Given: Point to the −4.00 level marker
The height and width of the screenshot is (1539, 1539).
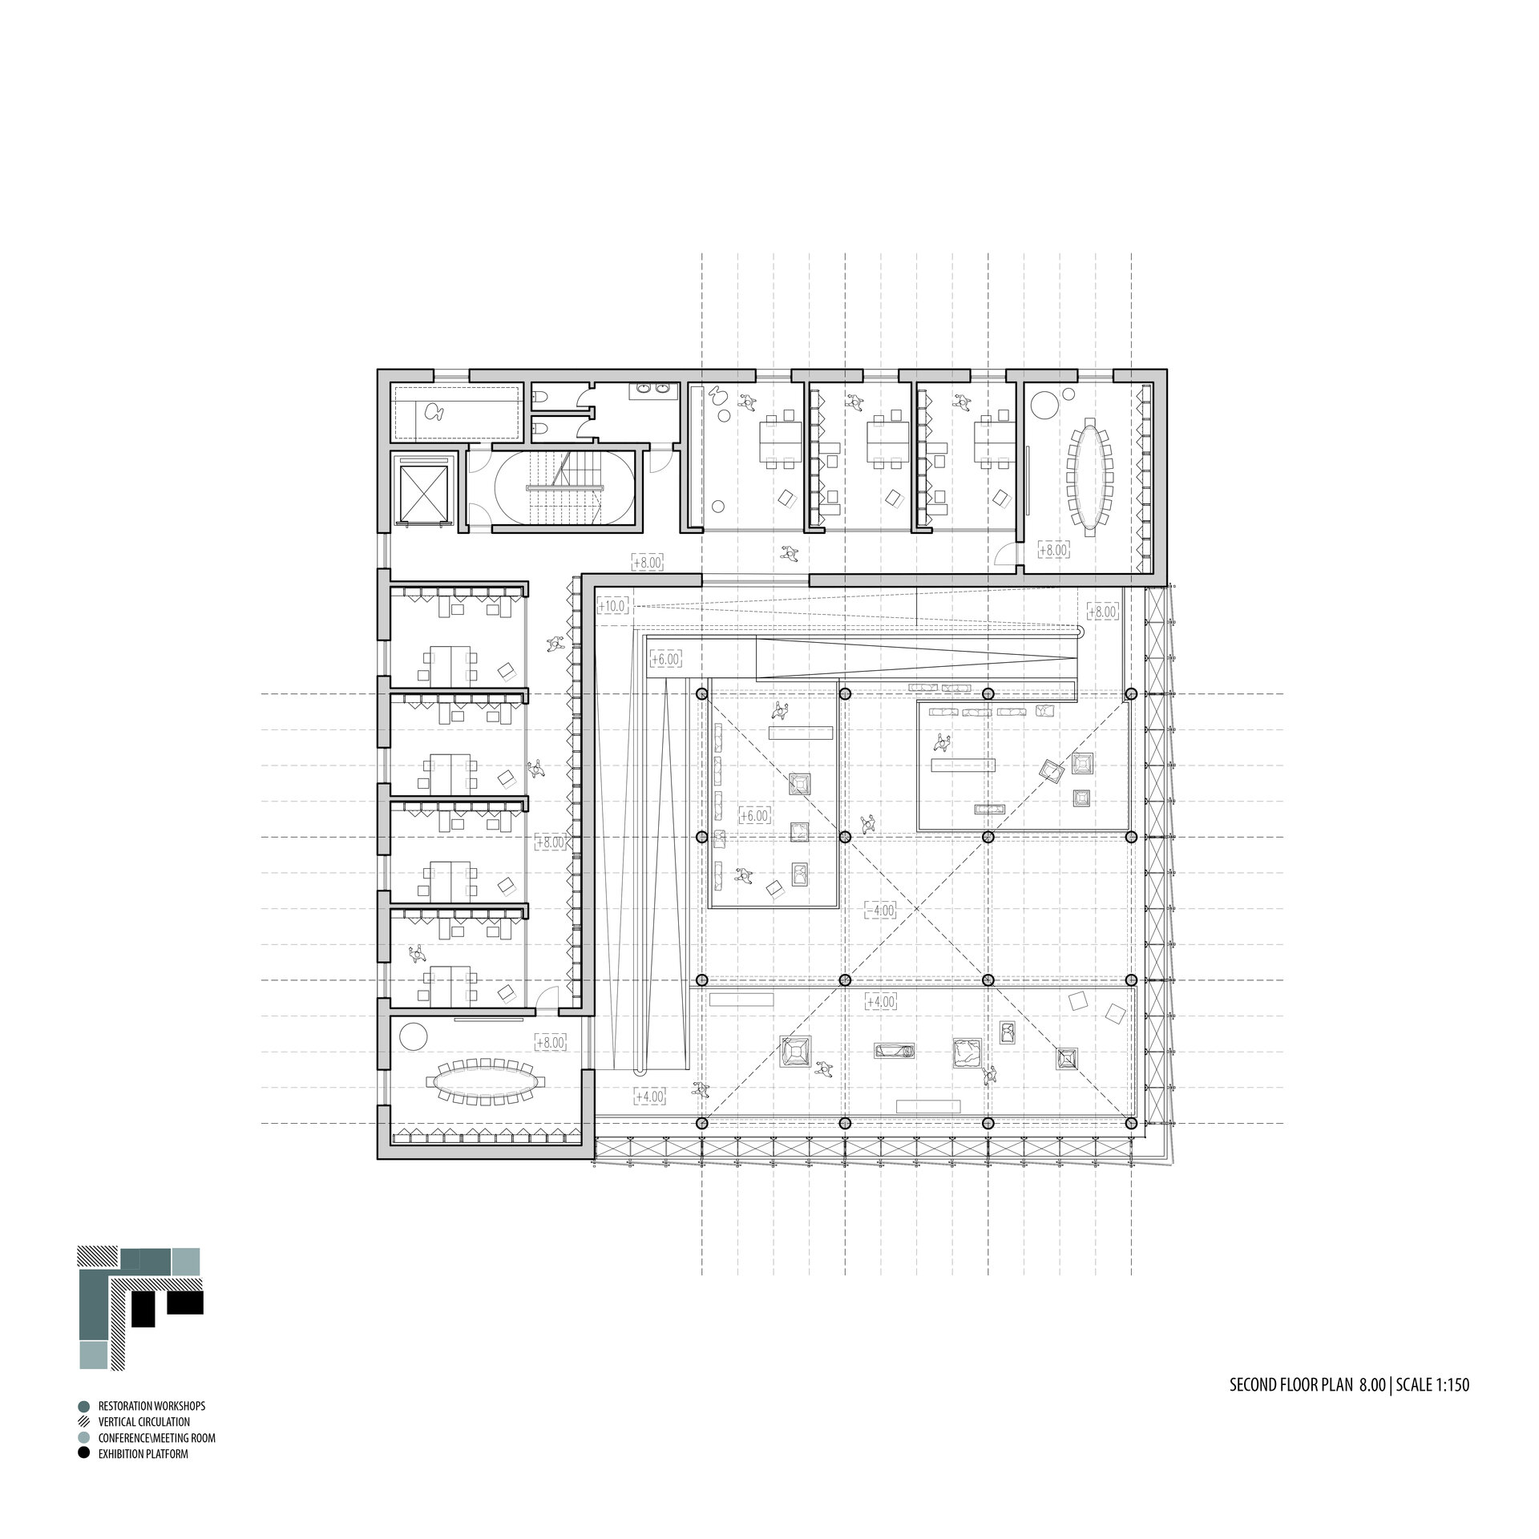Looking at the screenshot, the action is pos(880,911).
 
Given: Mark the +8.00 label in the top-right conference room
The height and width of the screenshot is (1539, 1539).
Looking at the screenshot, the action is pos(1053,551).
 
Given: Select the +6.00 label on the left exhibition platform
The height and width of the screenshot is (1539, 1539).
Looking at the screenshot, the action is pos(753,816).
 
